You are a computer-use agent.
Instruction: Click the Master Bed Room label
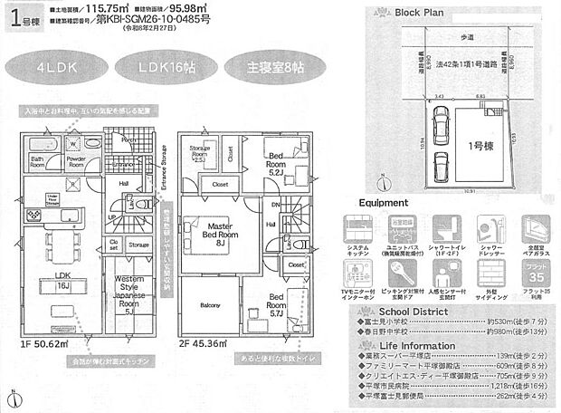pyautogui.click(x=210, y=234)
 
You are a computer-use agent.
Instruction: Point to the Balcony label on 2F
pyautogui.click(x=209, y=305)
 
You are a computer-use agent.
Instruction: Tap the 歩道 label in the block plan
pyautogui.click(x=467, y=37)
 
